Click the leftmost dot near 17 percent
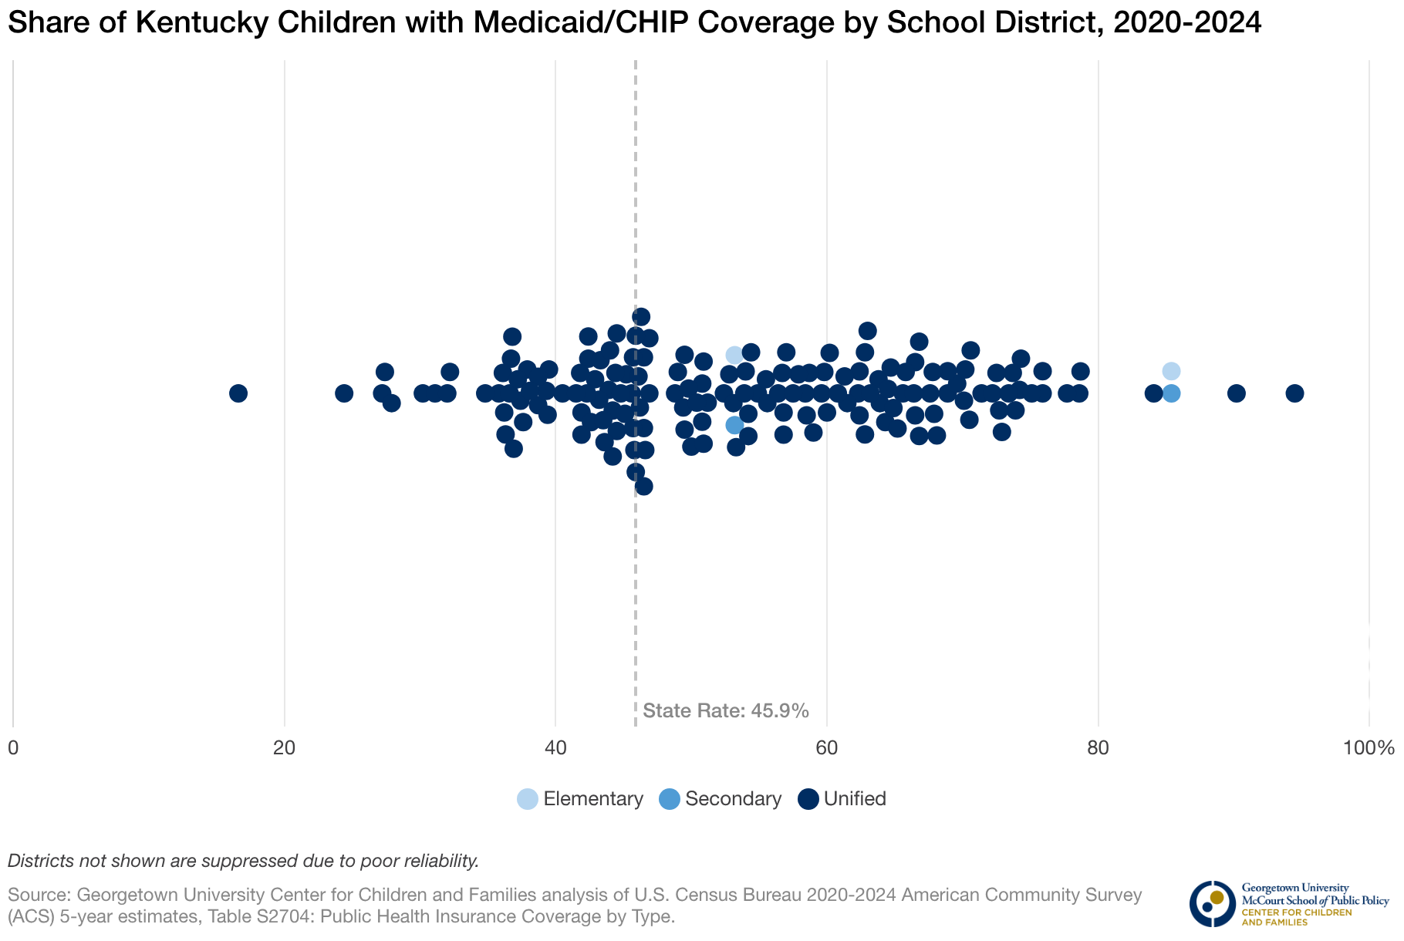click(238, 393)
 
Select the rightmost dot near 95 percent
click(1294, 393)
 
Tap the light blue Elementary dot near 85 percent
click(1171, 371)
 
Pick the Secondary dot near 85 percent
click(1171, 393)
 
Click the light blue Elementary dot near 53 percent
click(734, 355)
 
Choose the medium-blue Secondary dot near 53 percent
click(734, 425)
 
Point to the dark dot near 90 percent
click(1236, 393)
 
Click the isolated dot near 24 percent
click(344, 393)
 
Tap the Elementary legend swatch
click(528, 799)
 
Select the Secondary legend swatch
click(670, 799)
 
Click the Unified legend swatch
click(808, 799)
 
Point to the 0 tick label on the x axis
click(13, 748)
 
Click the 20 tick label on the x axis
click(285, 748)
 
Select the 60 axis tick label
click(827, 748)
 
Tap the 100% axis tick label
click(1368, 748)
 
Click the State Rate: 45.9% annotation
click(725, 710)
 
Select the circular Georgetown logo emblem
click(1212, 903)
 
